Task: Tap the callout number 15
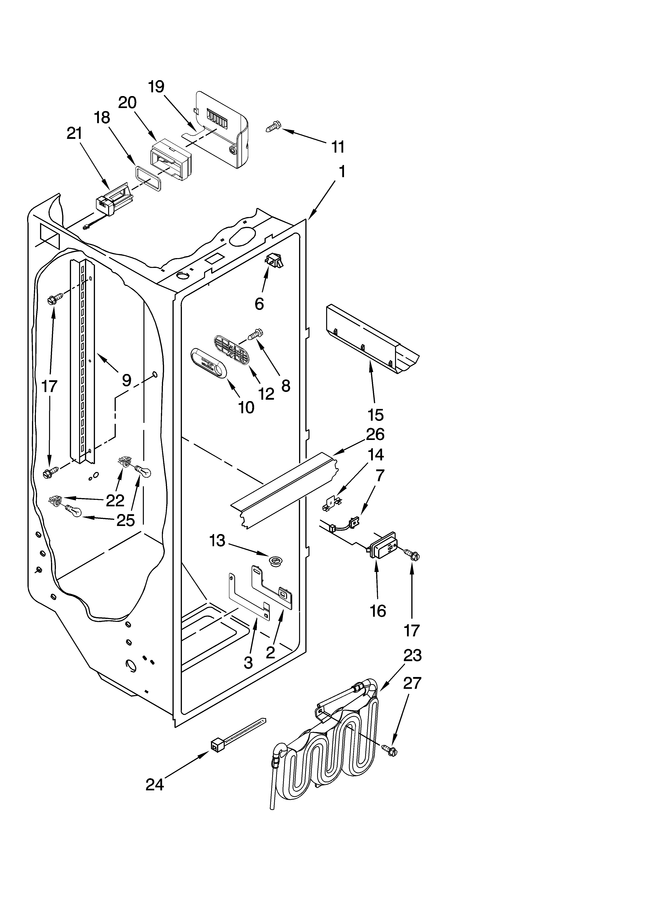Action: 375,415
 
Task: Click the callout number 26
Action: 375,434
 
